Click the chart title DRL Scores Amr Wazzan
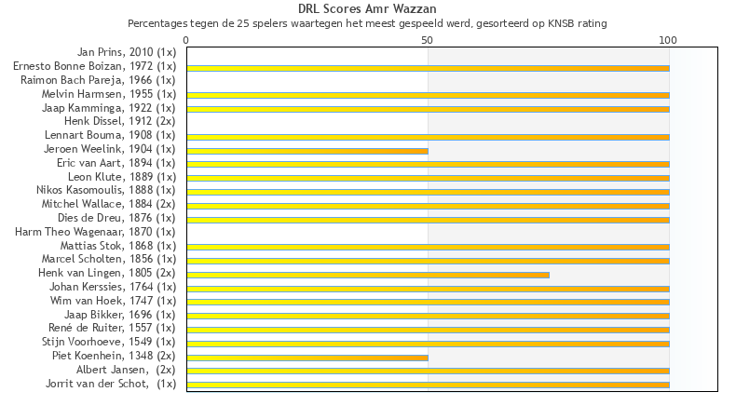point(367,9)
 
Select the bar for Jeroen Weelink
point(307,151)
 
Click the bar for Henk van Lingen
point(368,275)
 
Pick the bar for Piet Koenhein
point(307,358)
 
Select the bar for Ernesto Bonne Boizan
point(428,68)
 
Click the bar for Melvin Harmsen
point(428,96)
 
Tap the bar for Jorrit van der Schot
point(428,385)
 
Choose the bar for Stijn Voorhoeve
point(428,344)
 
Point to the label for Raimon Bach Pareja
point(98,80)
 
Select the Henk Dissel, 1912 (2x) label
point(119,121)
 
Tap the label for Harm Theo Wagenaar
point(95,231)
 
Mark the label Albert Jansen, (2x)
point(126,370)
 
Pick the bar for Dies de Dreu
point(428,220)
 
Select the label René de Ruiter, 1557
point(112,328)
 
